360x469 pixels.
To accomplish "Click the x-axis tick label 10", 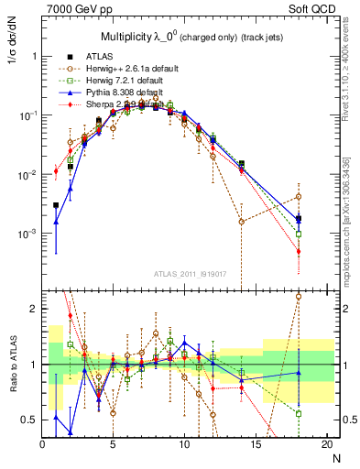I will [184, 444].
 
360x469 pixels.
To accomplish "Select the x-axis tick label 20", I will [326, 444].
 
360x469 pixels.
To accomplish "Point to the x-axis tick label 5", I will [114, 444].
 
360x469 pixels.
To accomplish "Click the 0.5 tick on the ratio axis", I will [28, 420].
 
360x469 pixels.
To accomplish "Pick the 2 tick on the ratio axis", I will [32, 309].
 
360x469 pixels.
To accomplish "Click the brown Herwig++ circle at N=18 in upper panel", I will [299, 197].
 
